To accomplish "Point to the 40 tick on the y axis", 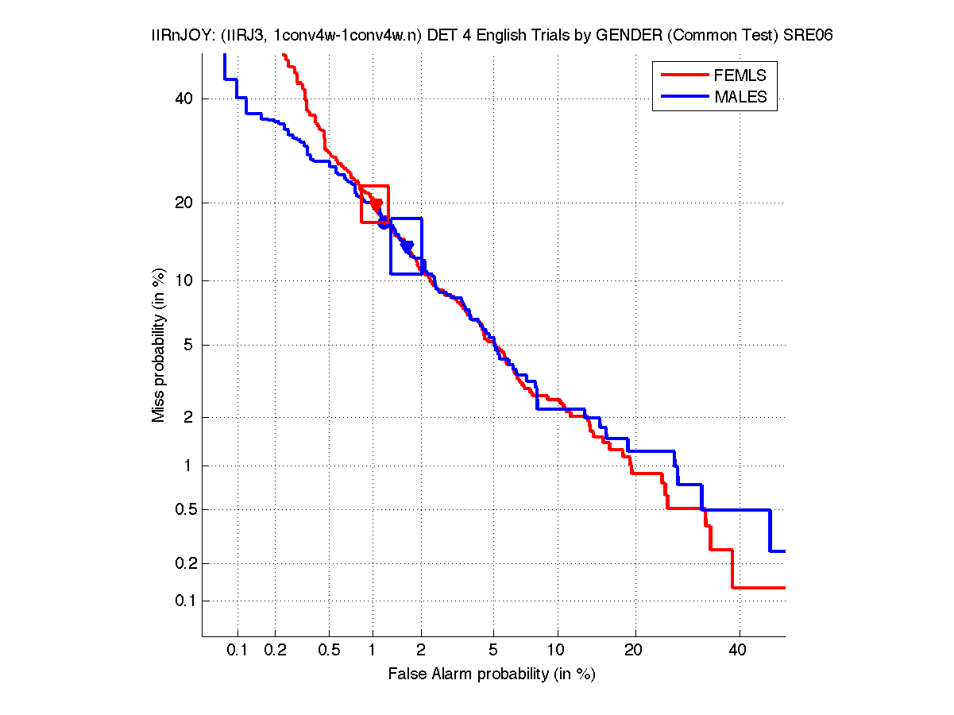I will tap(184, 99).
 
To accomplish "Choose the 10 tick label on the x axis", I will tap(558, 651).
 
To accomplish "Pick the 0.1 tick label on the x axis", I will tap(238, 651).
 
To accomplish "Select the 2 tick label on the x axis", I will tap(421, 651).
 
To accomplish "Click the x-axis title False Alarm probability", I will tap(492, 674).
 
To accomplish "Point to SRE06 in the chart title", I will tap(810, 36).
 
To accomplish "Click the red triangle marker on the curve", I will tap(377, 205).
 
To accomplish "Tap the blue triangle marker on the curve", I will tap(407, 247).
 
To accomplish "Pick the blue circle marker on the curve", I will tap(384, 223).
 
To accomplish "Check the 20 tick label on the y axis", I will tap(184, 203).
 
